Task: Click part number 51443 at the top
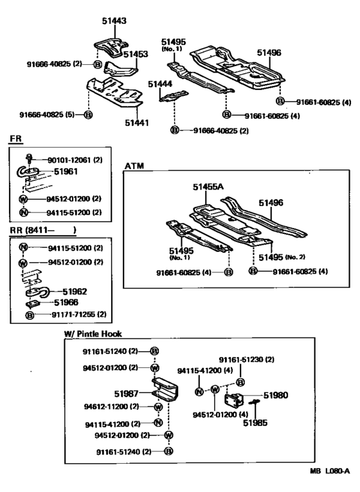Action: (x=114, y=21)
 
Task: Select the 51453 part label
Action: (x=136, y=55)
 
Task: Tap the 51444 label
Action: (x=160, y=84)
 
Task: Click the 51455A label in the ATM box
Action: (x=208, y=187)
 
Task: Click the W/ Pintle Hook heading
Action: (x=93, y=334)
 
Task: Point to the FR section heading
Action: (x=15, y=139)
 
